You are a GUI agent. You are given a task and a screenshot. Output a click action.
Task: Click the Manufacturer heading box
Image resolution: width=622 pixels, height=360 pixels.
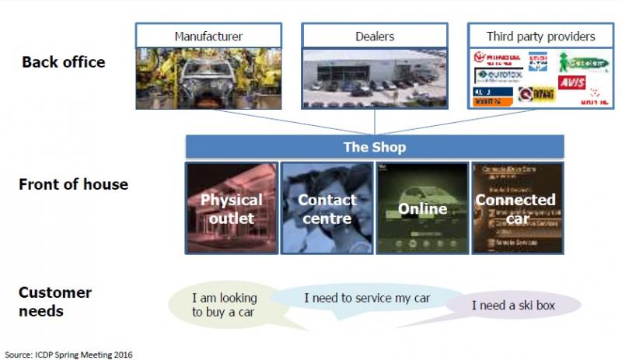pyautogui.click(x=208, y=36)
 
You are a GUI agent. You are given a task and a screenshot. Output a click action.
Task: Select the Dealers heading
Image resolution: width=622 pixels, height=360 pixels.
pyautogui.click(x=374, y=36)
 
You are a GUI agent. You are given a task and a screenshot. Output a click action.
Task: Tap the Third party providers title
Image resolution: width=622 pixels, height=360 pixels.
pyautogui.click(x=540, y=36)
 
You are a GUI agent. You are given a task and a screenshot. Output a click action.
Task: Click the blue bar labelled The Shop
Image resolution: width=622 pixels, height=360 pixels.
pyautogui.click(x=374, y=147)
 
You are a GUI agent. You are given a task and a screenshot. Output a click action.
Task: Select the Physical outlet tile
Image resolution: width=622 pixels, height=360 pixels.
pyautogui.click(x=232, y=208)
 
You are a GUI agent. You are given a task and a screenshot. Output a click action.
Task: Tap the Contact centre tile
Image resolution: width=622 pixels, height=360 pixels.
pyautogui.click(x=327, y=208)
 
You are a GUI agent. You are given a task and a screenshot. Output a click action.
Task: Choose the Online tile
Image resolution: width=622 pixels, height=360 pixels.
pyautogui.click(x=422, y=208)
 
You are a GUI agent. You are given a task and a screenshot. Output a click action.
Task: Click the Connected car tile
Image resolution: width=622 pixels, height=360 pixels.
pyautogui.click(x=517, y=208)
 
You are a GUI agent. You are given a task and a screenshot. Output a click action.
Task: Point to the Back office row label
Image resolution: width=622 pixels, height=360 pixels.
pyautogui.click(x=64, y=61)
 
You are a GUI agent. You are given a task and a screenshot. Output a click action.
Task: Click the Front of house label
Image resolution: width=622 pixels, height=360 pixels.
pyautogui.click(x=75, y=184)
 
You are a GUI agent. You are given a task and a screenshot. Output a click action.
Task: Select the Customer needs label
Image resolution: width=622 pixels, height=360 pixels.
pyautogui.click(x=55, y=302)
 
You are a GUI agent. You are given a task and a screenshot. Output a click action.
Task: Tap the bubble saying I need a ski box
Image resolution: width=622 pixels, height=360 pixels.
pyautogui.click(x=514, y=306)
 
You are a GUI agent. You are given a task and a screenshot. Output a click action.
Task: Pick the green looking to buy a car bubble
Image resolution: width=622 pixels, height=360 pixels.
pyautogui.click(x=226, y=306)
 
